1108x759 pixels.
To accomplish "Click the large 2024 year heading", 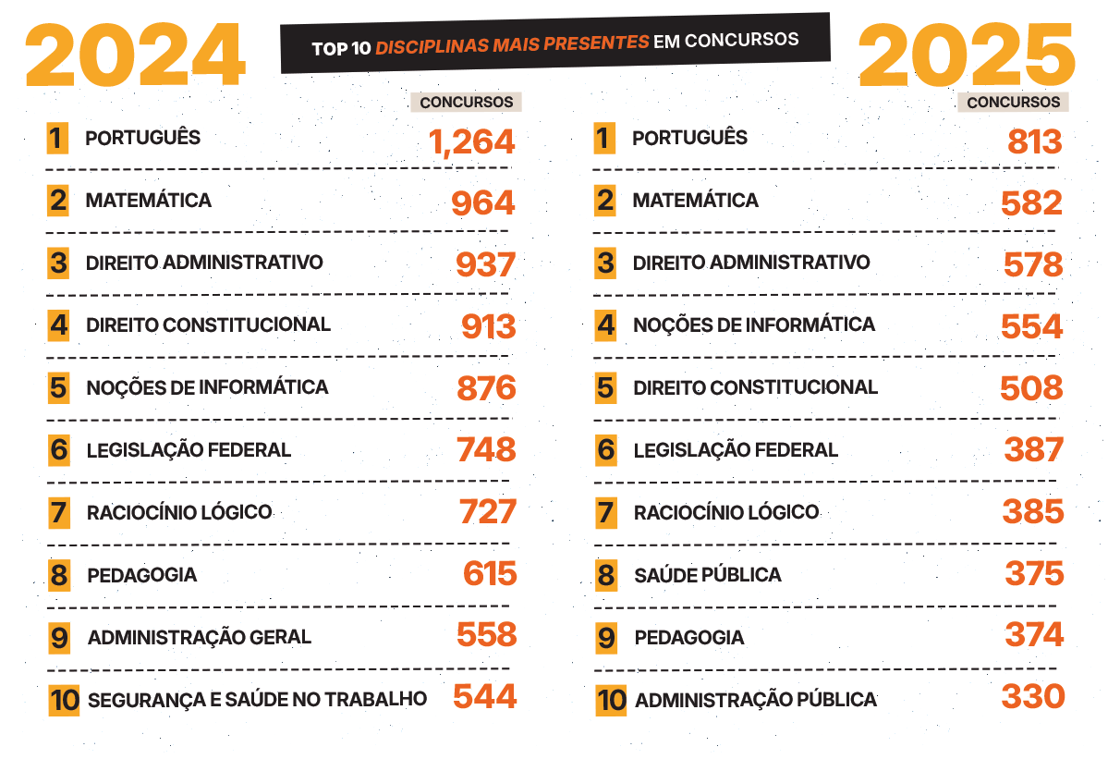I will click(135, 55).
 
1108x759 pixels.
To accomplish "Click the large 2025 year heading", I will click(967, 55).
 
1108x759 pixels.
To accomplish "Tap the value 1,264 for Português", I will click(471, 141).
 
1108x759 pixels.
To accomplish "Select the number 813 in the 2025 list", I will click(1035, 141).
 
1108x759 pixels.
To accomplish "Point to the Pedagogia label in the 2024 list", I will click(141, 575).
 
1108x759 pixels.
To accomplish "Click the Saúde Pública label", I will click(707, 575).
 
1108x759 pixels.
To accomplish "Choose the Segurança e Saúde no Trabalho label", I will click(257, 699).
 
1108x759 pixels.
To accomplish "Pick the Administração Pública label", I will click(755, 700).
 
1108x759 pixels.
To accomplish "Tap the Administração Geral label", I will click(200, 637).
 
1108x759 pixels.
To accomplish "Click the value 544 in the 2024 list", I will click(484, 697).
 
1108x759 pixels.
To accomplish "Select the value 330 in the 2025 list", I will click(1032, 697).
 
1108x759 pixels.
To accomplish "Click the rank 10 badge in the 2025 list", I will click(611, 700).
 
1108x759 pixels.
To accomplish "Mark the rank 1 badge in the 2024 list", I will click(57, 139).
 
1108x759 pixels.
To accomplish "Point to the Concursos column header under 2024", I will click(466, 102).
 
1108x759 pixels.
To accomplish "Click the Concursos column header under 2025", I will click(1013, 102).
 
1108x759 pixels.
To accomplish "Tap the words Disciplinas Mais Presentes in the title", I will click(512, 43).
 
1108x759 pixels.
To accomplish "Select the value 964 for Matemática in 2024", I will click(482, 203).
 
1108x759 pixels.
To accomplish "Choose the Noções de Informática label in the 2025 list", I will click(753, 324).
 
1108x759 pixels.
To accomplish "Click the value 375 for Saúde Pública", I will click(1034, 574).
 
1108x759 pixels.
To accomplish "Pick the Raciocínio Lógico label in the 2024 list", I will click(178, 512).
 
